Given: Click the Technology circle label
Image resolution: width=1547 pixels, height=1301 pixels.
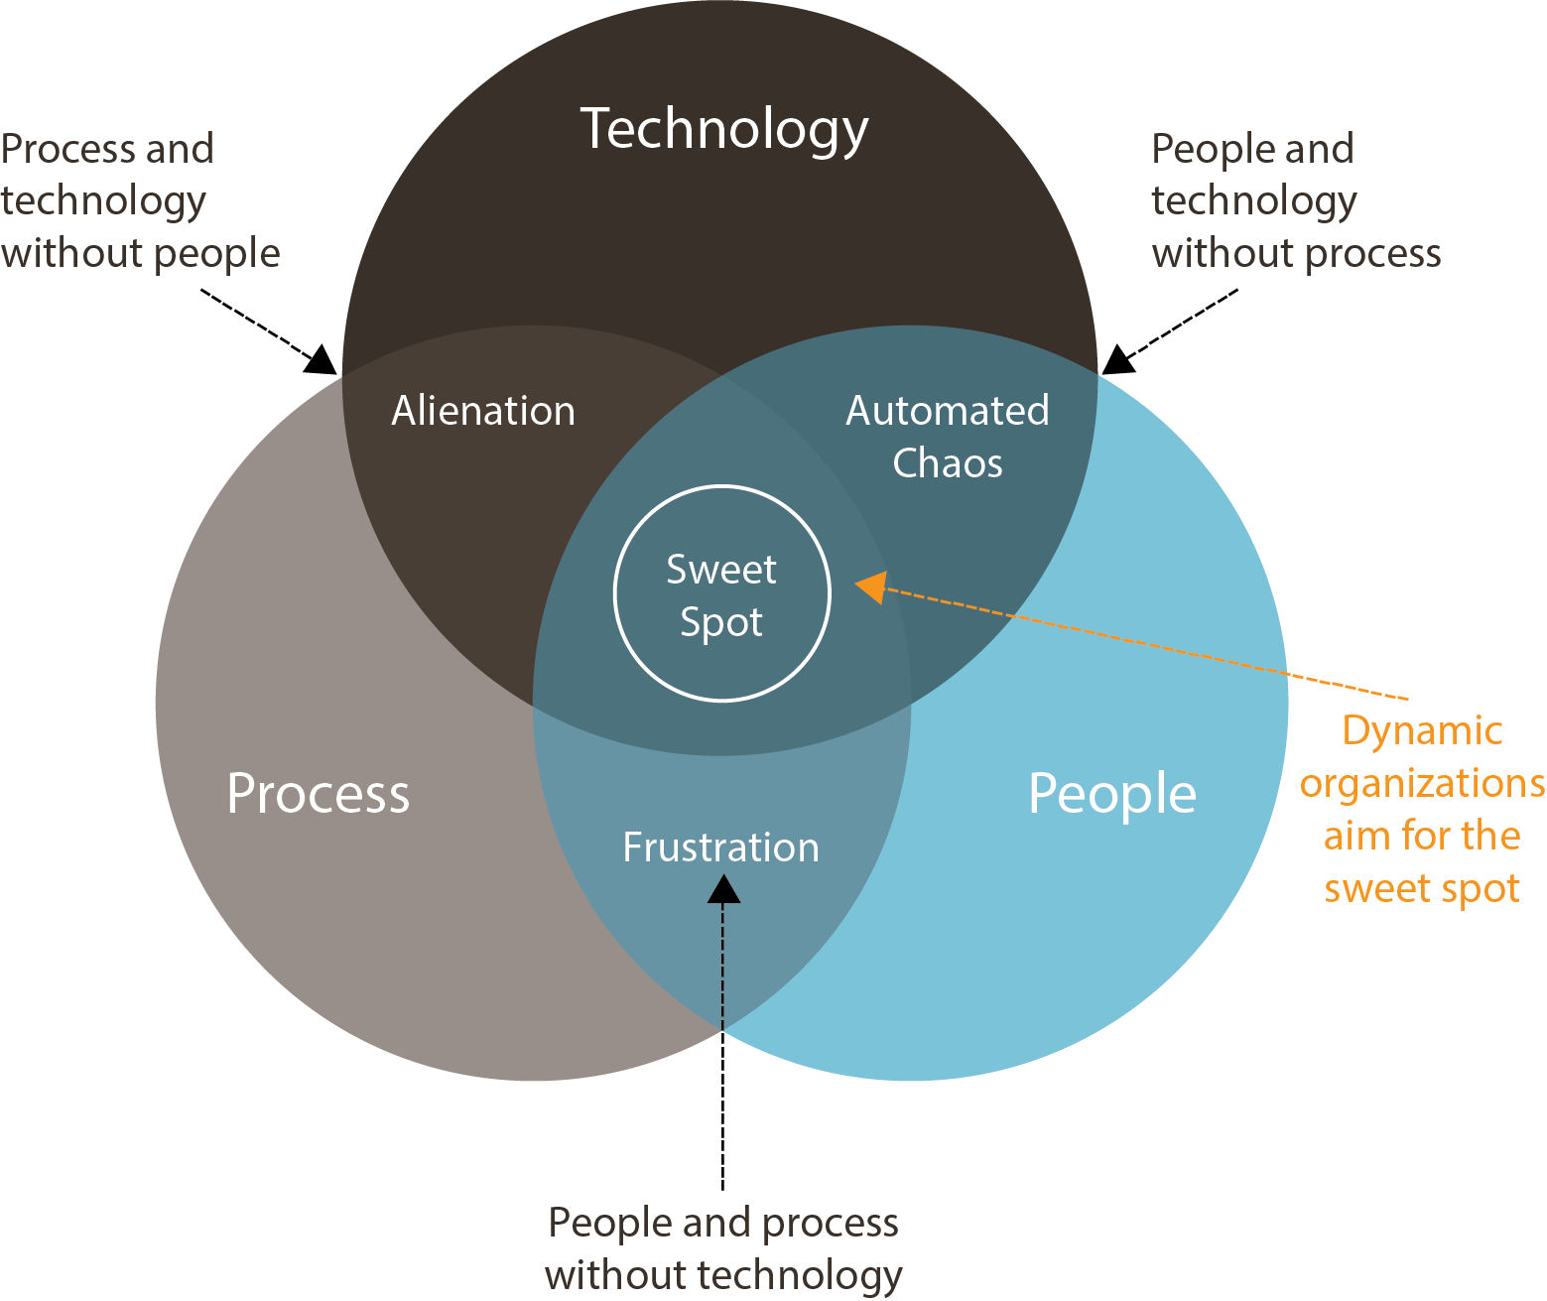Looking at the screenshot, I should tap(723, 130).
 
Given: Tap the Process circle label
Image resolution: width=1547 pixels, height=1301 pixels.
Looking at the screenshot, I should tap(318, 794).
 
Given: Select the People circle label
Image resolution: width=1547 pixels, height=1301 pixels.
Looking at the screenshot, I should tap(1111, 794).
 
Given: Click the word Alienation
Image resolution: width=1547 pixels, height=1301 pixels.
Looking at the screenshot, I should tap(483, 411).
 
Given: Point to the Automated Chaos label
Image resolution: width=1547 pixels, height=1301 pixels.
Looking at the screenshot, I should tap(947, 437).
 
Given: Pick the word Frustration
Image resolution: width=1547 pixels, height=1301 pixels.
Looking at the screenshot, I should tap(720, 847).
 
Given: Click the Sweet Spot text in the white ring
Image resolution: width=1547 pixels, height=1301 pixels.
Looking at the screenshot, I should tap(721, 595).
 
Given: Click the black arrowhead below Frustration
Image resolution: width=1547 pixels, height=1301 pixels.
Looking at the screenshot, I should tap(723, 888).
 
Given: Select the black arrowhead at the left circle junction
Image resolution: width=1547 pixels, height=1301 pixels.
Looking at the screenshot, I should tap(322, 359).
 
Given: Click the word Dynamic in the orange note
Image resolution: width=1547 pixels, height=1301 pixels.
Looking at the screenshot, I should tap(1422, 731).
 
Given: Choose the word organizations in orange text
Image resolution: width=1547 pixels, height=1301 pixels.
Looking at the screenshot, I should tap(1422, 784).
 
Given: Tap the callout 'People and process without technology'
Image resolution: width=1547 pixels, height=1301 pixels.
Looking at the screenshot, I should tap(723, 1248).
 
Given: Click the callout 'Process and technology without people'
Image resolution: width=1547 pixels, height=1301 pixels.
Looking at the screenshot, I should tap(140, 201).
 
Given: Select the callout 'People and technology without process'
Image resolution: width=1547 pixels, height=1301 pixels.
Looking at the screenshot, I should tap(1295, 201).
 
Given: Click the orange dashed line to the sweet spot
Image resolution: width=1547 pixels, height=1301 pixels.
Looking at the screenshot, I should tap(1141, 641).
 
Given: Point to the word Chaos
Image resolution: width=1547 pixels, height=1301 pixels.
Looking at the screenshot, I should tap(947, 463).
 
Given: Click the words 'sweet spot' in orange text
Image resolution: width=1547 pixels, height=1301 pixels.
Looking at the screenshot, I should tap(1421, 888).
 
